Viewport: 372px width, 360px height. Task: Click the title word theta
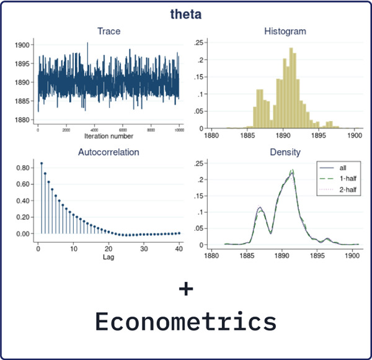(x=186, y=12)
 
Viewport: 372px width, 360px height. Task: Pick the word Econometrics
(x=186, y=322)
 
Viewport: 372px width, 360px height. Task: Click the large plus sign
(x=186, y=289)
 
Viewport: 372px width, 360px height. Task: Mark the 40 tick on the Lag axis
(x=178, y=248)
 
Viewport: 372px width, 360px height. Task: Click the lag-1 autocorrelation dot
(x=42, y=164)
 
